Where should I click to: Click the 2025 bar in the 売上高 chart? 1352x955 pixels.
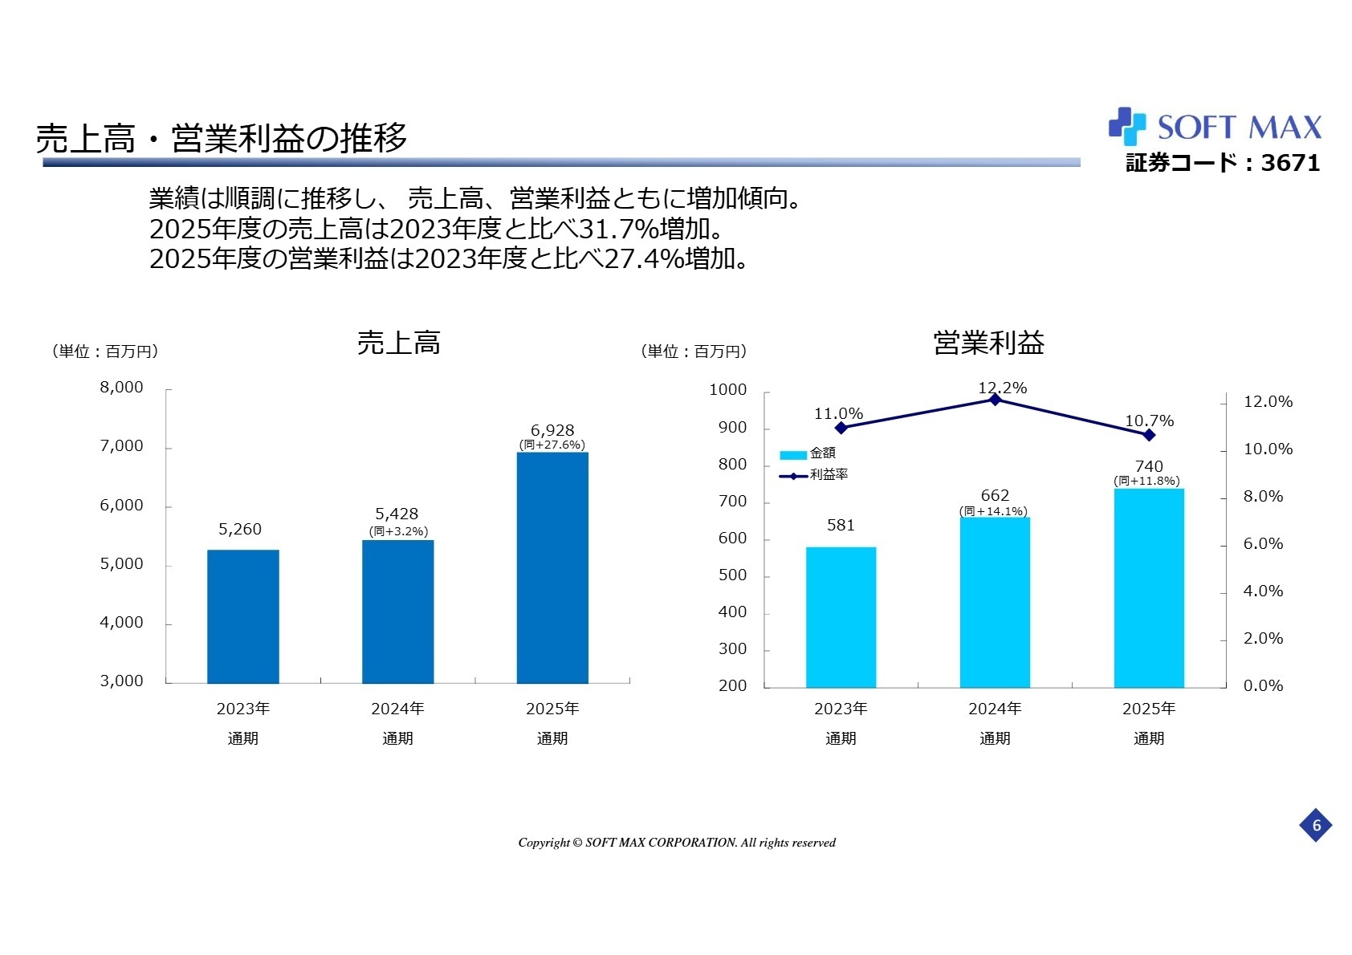pos(552,567)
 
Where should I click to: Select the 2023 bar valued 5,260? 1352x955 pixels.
pos(242,616)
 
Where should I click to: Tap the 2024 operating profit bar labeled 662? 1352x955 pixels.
pos(995,602)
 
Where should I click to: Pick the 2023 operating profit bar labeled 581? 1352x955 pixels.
pos(841,616)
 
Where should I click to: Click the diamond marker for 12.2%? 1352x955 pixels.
pos(995,400)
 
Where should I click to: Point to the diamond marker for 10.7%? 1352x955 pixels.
pos(1149,435)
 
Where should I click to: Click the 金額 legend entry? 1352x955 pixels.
pos(809,453)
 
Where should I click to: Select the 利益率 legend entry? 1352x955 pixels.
pos(814,475)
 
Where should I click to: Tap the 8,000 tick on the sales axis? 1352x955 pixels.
pos(121,388)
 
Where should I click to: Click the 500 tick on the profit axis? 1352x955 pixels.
pos(732,575)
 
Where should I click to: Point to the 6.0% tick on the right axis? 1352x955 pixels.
pos(1263,544)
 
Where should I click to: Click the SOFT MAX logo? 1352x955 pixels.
pos(1215,127)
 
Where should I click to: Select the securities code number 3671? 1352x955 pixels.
pos(1290,163)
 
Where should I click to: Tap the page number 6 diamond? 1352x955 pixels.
pos(1316,825)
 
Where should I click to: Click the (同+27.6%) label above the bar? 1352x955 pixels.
pos(552,445)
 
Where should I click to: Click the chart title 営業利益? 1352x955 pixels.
pos(988,343)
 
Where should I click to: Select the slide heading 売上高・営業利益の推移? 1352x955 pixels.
pos(222,138)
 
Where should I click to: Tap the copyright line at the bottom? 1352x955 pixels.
pos(676,843)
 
